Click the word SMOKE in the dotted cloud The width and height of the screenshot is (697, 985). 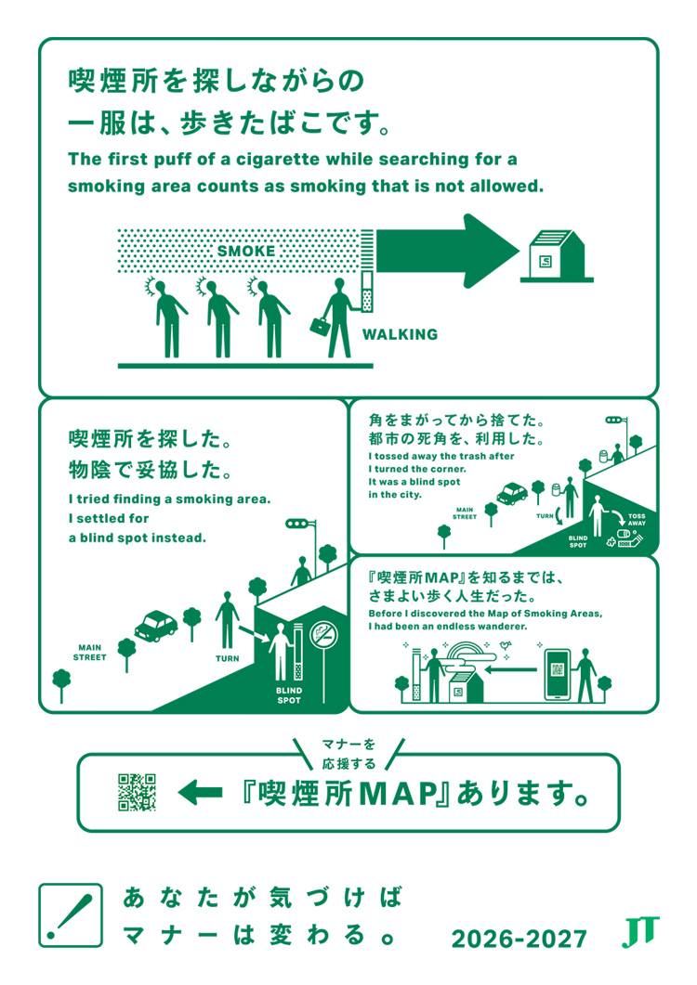tap(246, 252)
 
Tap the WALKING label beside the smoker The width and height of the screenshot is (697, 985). tap(401, 334)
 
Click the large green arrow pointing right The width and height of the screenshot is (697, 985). tap(448, 251)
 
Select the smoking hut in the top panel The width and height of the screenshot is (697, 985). tap(557, 255)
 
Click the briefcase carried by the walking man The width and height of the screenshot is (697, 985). tap(321, 326)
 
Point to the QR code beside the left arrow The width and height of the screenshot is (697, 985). tap(138, 792)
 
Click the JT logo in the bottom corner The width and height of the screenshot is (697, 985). tap(640, 931)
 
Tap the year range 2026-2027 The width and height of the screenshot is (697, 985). tap(519, 939)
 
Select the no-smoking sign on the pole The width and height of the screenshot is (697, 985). tap(324, 634)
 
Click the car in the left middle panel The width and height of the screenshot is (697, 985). tap(156, 626)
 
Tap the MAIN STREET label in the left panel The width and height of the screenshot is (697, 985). tap(90, 652)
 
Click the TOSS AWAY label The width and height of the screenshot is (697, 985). tap(637, 520)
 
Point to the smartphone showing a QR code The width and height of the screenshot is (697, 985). tap(558, 675)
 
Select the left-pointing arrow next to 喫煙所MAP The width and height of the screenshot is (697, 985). tap(200, 793)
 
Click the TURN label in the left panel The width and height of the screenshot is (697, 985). tap(227, 658)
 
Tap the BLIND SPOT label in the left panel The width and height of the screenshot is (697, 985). tap(289, 695)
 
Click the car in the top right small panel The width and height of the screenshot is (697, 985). tap(512, 494)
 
